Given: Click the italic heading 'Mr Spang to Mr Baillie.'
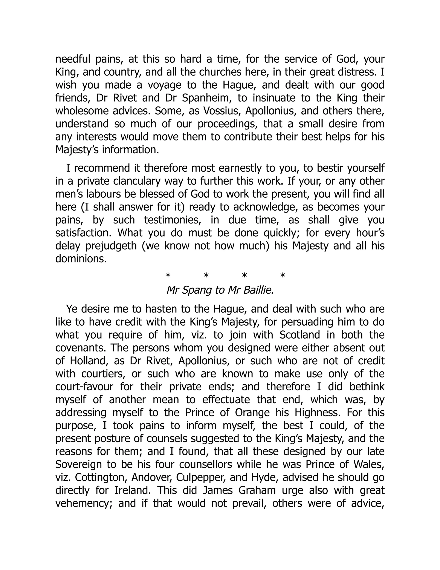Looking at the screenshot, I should point(220,290).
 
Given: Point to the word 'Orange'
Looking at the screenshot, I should point(252,413).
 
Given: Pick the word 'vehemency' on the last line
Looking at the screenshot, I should point(83,503).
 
